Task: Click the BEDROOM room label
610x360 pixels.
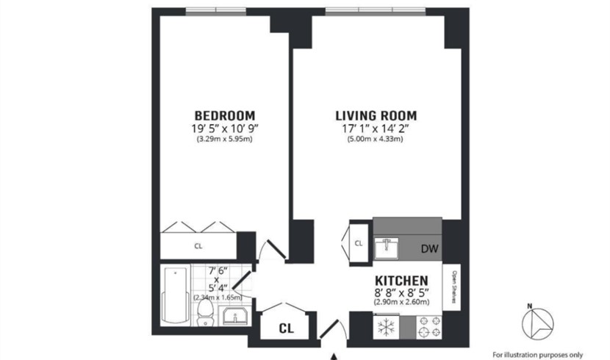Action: pos(225,116)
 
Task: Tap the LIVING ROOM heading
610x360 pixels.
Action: pos(376,116)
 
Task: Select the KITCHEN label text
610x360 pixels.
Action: pos(401,281)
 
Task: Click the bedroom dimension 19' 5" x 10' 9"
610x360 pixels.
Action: pos(225,129)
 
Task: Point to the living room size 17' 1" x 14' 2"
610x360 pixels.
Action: pos(376,129)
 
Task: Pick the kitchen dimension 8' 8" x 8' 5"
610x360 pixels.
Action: pos(402,292)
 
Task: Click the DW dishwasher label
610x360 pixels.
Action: pos(430,249)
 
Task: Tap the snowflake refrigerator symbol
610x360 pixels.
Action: pos(386,326)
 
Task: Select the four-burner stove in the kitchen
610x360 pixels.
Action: pos(429,327)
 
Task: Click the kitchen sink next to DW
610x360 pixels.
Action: pos(387,248)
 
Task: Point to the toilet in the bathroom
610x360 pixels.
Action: pos(205,312)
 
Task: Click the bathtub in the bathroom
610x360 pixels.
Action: pos(176,295)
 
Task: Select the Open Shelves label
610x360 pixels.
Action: pos(453,287)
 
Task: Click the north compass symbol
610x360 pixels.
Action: pos(538,323)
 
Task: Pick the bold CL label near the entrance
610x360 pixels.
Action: pos(287,328)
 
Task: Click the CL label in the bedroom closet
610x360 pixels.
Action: pos(198,246)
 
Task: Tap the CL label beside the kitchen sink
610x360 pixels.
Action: pos(359,243)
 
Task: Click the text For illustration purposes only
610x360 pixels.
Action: pos(538,355)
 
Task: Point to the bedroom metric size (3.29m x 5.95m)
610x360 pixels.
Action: pos(225,139)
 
